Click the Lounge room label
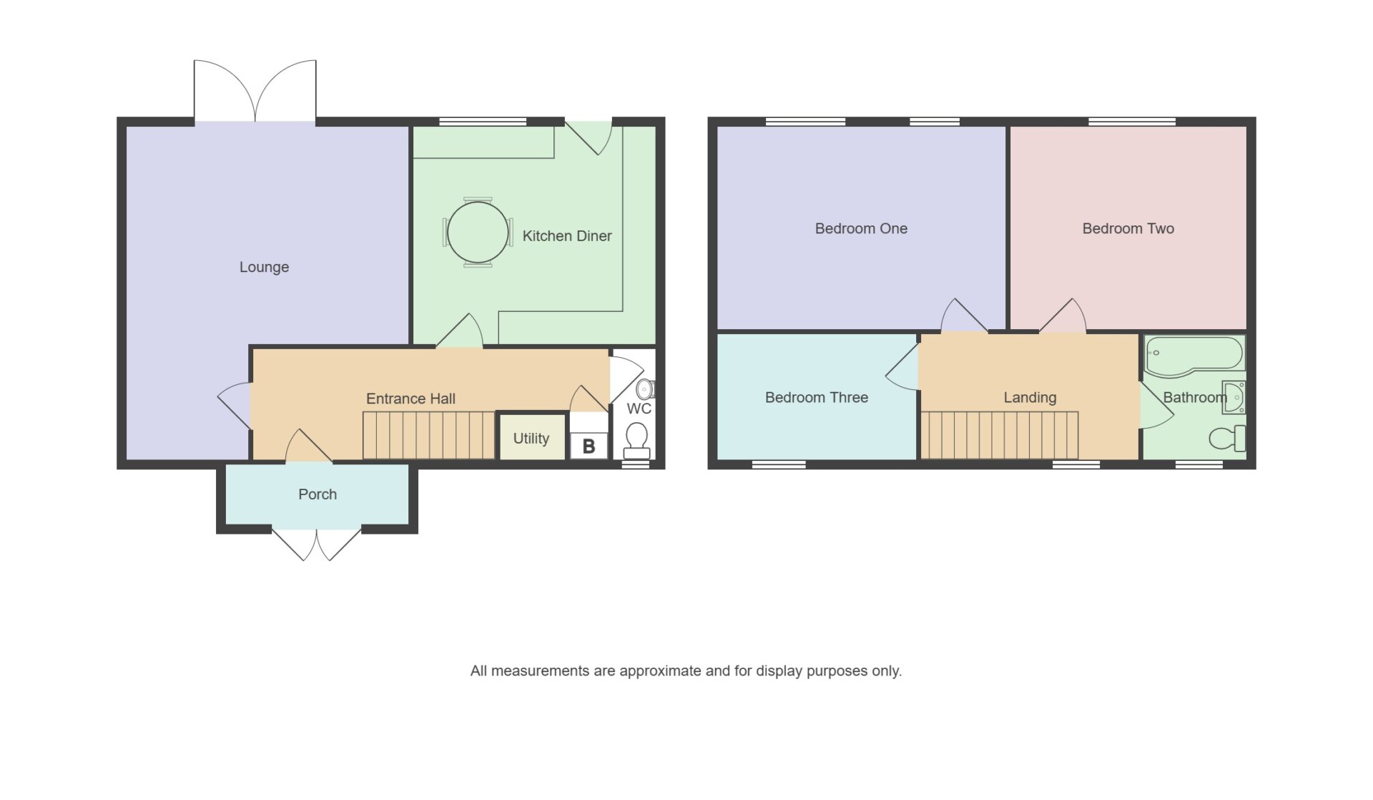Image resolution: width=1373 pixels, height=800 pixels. [x=264, y=267]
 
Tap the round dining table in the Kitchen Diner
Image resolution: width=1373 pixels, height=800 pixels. [x=478, y=232]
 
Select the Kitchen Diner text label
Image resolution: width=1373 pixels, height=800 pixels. [x=567, y=235]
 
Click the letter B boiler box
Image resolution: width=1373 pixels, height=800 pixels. [x=589, y=446]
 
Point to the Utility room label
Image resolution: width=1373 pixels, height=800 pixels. [x=531, y=438]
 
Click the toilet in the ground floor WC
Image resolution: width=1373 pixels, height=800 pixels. [x=636, y=440]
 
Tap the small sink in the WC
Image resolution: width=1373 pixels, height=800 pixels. [x=645, y=389]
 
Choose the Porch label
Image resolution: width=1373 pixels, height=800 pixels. [x=318, y=494]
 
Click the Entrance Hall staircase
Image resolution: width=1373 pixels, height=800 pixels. [x=428, y=435]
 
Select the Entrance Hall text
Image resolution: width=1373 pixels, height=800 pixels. [x=410, y=399]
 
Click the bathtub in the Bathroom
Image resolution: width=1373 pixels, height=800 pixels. [x=1195, y=356]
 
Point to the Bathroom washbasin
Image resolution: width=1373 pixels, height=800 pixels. [x=1234, y=397]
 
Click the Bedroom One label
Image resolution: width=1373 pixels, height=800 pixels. [x=861, y=228]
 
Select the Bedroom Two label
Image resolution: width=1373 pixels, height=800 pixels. [x=1128, y=228]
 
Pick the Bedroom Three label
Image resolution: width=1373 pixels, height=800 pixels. [x=817, y=397]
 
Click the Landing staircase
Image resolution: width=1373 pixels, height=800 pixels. [x=999, y=435]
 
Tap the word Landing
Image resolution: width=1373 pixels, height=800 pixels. [x=1030, y=398]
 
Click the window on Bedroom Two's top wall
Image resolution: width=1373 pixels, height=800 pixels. [x=1132, y=122]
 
